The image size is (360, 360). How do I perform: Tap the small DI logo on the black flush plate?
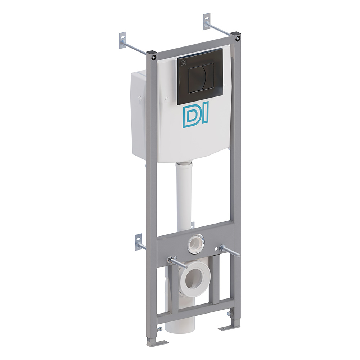[x=183, y=62]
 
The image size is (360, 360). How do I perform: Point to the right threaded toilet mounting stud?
[x=230, y=251]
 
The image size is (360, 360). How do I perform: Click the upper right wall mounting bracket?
[x=206, y=22]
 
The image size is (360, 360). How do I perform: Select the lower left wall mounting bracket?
[x=139, y=241]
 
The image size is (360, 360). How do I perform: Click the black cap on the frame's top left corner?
[x=151, y=55]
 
